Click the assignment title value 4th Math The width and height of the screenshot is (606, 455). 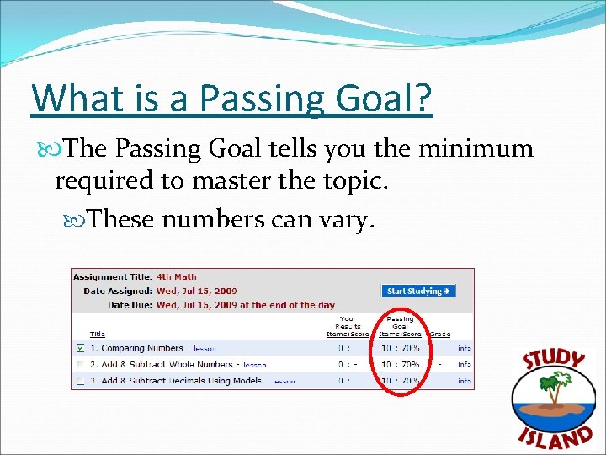point(176,276)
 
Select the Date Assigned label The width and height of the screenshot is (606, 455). point(116,291)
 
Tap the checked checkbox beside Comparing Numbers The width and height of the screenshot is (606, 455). point(79,348)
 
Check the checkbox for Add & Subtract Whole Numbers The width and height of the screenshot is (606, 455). point(79,365)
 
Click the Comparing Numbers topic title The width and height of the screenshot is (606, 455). point(141,348)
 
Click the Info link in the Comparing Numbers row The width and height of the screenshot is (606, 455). point(464,348)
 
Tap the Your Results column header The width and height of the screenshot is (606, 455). point(348,326)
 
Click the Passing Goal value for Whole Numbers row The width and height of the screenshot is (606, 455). point(400,365)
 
